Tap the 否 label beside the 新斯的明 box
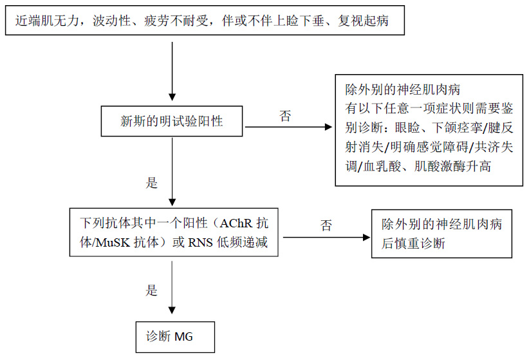[x=285, y=116]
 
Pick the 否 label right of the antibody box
[x=326, y=225]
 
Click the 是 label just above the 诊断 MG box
[x=152, y=290]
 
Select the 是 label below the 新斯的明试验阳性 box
[x=152, y=183]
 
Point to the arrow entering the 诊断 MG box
[x=172, y=296]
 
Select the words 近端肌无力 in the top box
[x=41, y=23]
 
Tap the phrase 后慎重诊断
[x=413, y=243]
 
